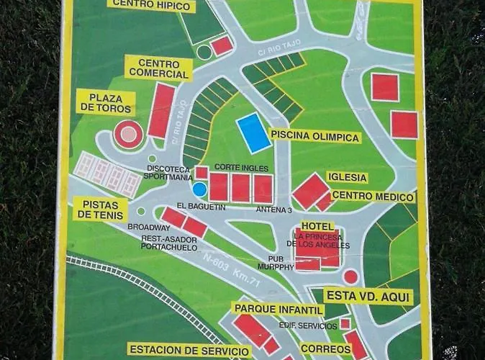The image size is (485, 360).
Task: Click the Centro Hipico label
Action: click(x=152, y=6)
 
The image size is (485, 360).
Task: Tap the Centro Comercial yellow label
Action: click(x=158, y=68)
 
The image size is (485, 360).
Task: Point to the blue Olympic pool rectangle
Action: click(x=254, y=132)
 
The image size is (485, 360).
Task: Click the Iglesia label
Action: click(x=347, y=177)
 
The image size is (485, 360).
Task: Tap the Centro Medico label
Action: click(x=373, y=197)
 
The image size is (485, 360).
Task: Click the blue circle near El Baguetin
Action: click(x=199, y=189)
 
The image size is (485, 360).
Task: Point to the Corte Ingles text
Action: click(x=236, y=167)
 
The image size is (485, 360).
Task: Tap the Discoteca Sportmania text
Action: click(x=169, y=173)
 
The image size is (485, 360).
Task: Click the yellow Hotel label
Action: click(x=317, y=226)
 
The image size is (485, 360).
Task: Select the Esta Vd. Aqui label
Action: click(x=368, y=295)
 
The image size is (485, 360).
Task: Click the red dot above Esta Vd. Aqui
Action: click(x=350, y=276)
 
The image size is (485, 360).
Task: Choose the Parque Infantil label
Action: click(x=277, y=309)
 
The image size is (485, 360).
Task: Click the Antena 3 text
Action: click(x=273, y=210)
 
